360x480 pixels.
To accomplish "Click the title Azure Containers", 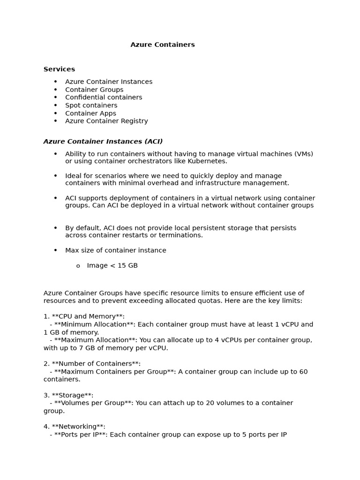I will click(x=162, y=45).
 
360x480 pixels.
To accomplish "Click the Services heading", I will click(x=59, y=69).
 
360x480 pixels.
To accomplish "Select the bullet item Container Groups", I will click(x=94, y=90).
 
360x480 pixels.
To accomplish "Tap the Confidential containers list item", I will click(x=104, y=97).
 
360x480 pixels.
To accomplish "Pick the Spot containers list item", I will click(x=91, y=105).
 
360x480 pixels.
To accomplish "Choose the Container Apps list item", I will click(x=90, y=113).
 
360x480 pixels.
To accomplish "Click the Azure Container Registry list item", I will click(x=106, y=121).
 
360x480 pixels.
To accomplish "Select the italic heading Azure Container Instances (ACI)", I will click(x=103, y=142).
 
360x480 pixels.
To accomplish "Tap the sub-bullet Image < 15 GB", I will click(x=112, y=266).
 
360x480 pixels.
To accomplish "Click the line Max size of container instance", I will click(x=115, y=250).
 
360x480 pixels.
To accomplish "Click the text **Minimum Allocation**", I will click(x=94, y=324).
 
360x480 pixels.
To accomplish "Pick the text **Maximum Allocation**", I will click(x=95, y=340).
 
